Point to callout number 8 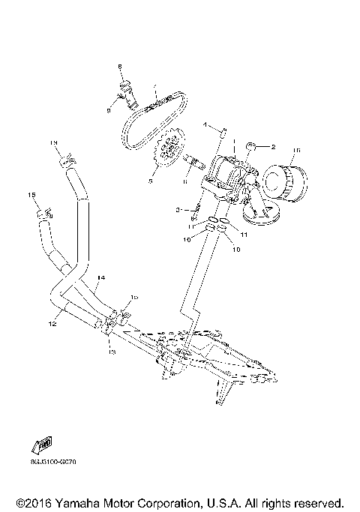[118, 68]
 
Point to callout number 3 [178, 209]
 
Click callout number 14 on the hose [100, 277]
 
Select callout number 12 [53, 325]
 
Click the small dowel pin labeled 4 [223, 136]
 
